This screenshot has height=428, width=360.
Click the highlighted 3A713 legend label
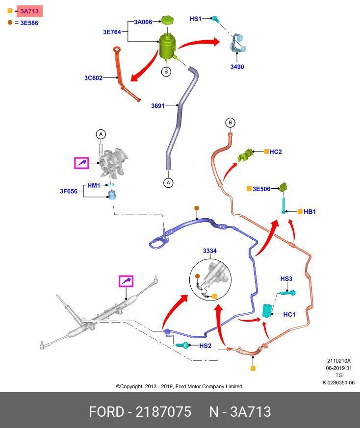click(29, 11)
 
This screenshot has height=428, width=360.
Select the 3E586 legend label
click(29, 23)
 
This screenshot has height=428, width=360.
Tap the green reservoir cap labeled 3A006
click(168, 20)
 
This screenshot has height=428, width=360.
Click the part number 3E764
click(112, 32)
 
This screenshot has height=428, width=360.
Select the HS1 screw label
click(195, 19)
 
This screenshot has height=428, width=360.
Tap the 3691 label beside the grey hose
click(158, 106)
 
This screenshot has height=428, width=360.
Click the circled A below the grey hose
click(168, 182)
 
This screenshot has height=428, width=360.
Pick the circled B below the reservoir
click(166, 72)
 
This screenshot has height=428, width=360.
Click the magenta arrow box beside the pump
click(81, 163)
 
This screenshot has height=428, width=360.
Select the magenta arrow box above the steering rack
click(126, 281)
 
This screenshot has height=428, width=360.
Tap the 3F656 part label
click(69, 191)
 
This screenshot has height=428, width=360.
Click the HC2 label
click(276, 152)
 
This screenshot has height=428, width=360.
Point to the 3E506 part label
click(261, 189)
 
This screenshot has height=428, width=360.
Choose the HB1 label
click(309, 212)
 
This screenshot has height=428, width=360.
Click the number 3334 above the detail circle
click(209, 251)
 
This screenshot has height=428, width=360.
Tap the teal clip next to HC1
click(267, 310)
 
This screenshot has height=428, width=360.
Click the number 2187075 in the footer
click(163, 411)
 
